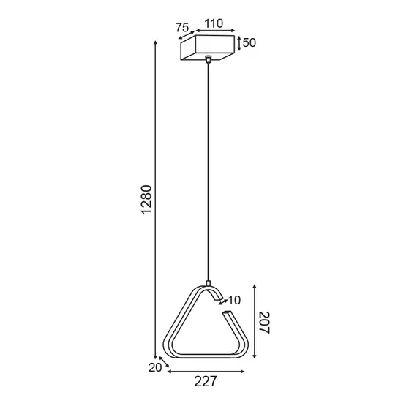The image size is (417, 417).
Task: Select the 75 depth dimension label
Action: [x=182, y=28]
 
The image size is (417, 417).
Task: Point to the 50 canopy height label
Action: [x=249, y=43]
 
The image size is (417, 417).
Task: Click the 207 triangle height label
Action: [x=264, y=322]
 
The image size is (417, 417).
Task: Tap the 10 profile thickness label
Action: [x=233, y=300]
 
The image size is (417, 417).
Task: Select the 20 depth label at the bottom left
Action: [x=154, y=368]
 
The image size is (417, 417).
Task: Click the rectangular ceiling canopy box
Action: [x=208, y=49]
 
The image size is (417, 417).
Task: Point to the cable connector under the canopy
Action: [x=209, y=60]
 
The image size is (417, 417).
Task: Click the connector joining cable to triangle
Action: [x=209, y=283]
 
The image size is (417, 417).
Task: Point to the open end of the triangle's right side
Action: [x=227, y=313]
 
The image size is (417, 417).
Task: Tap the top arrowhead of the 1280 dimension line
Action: [x=156, y=42]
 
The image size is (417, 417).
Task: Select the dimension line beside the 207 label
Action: [x=253, y=322]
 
